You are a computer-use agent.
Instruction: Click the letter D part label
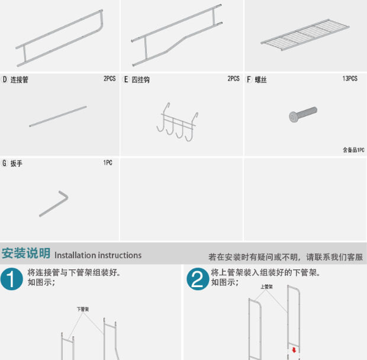(5, 79)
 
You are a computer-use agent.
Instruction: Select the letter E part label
(125, 79)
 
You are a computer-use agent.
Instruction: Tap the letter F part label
(249, 79)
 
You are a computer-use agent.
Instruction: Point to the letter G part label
(5, 163)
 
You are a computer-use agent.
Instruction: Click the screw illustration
(302, 114)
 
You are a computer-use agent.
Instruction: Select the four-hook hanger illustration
(176, 123)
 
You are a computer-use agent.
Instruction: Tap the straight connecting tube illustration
(58, 117)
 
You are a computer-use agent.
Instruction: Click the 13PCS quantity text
(349, 79)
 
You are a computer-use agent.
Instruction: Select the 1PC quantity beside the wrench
(108, 163)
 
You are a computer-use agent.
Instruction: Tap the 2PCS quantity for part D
(110, 79)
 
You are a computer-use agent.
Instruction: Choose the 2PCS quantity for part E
(233, 79)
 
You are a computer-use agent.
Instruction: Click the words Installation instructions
(98, 255)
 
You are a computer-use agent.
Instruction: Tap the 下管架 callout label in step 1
(82, 309)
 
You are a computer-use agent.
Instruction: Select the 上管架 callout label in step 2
(266, 287)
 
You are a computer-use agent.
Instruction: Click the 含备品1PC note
(353, 150)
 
